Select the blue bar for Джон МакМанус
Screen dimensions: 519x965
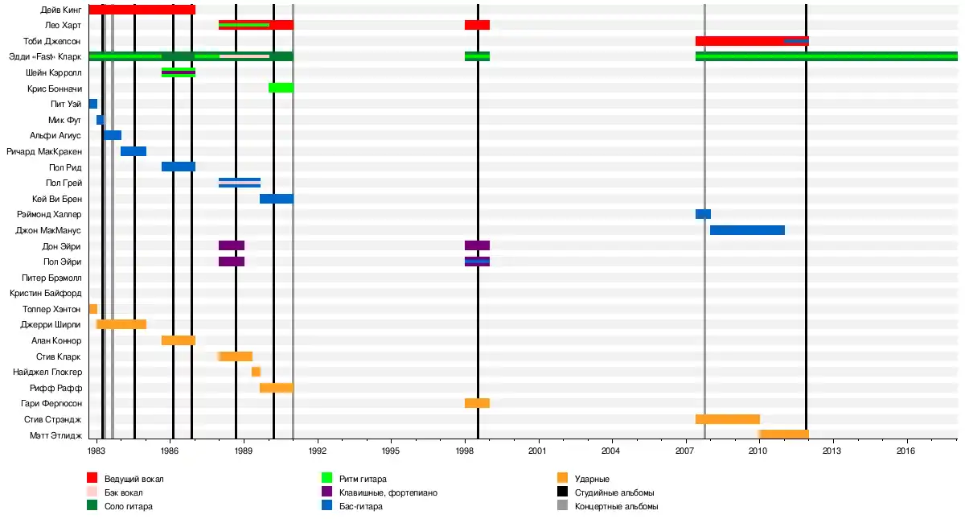747,230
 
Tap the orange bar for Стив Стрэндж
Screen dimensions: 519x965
727,419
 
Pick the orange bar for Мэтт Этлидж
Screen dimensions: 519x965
783,435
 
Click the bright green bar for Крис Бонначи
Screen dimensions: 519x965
281,88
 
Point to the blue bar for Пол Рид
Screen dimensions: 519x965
178,167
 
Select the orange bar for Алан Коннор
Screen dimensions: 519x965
178,340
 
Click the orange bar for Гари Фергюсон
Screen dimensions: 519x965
477,403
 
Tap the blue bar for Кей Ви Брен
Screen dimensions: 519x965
276,199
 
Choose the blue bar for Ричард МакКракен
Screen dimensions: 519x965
133,151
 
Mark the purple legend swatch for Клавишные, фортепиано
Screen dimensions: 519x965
327,492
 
